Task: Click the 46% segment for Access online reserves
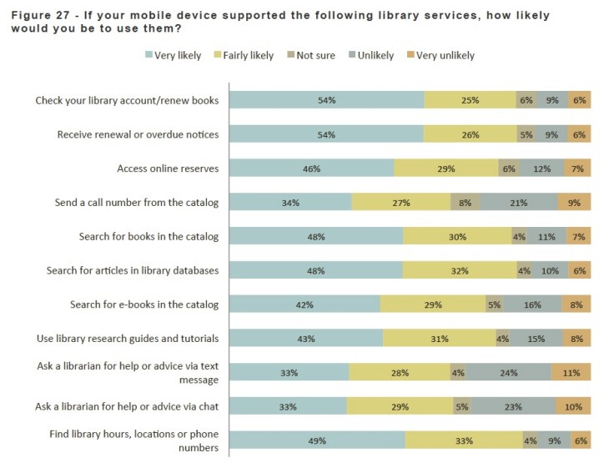point(311,169)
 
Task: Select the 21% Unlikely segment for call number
point(518,202)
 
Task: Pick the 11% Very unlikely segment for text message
point(571,372)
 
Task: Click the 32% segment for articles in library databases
point(460,270)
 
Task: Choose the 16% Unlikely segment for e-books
point(532,304)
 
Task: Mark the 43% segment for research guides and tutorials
point(305,339)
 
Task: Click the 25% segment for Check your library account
point(470,100)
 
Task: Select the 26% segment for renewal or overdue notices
point(470,134)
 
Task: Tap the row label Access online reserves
point(168,169)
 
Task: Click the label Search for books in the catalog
point(148,236)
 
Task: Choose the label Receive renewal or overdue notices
point(138,134)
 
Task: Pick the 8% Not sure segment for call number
point(465,202)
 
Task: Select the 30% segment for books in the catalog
point(457,236)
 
